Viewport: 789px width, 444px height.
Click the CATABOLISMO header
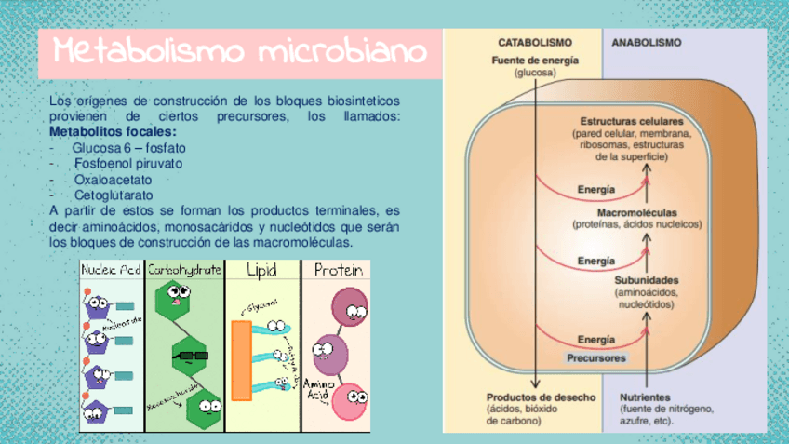coord(534,43)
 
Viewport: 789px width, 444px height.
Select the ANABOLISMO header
coord(646,43)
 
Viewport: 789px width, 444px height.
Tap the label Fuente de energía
coord(534,61)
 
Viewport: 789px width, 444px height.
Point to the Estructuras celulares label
coord(632,122)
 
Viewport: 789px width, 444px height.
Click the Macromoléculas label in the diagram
coord(636,212)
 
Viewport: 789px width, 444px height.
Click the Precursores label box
coord(596,357)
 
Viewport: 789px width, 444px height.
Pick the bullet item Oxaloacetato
coord(113,179)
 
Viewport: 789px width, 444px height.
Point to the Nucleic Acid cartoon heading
coord(112,270)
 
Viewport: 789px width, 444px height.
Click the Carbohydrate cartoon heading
coord(185,270)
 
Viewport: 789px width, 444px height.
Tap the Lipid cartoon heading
coord(262,270)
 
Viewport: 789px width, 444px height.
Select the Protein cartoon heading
coord(336,270)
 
